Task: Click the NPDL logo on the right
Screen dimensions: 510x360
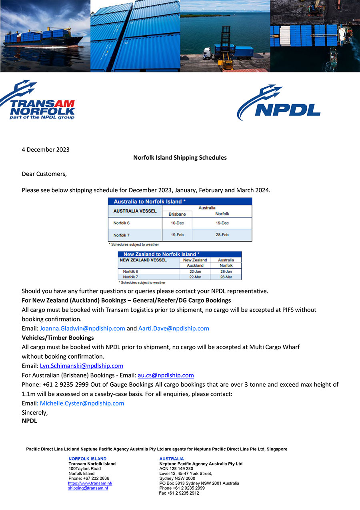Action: (278, 103)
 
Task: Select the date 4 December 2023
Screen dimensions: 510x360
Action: (46, 150)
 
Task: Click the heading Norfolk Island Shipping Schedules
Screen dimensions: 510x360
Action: (180, 158)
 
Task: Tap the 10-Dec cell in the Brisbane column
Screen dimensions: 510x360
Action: (177, 223)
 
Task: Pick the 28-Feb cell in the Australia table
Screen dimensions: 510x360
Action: (222, 235)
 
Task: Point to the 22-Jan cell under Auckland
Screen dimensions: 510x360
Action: (195, 271)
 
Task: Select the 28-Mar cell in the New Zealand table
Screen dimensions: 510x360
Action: (226, 277)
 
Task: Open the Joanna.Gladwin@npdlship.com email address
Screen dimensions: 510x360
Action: (82, 329)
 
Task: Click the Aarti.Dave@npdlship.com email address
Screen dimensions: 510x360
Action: (174, 329)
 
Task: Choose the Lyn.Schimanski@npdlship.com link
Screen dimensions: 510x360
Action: (82, 366)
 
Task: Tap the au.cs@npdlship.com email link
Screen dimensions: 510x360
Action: (166, 375)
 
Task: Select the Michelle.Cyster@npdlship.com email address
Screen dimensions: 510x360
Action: (82, 404)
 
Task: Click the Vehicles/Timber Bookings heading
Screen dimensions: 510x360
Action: (58, 338)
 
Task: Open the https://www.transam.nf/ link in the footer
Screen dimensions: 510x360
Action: (90, 484)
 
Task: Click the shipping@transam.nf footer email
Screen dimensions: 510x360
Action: (88, 488)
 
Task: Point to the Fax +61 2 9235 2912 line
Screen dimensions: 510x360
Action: (179, 493)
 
